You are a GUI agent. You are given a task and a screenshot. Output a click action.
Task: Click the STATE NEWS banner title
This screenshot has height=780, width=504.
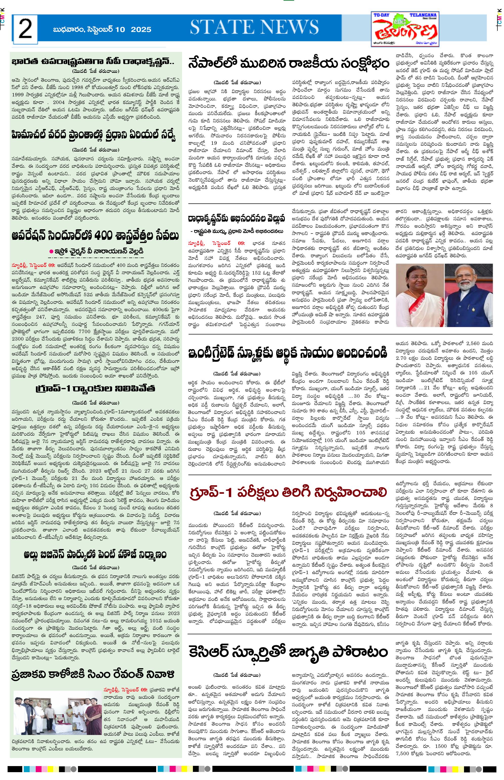coord(254,27)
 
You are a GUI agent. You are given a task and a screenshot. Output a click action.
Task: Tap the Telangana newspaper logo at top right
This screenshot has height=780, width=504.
coord(406,29)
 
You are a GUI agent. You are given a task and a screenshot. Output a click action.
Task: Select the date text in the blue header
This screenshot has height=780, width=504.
coord(102,29)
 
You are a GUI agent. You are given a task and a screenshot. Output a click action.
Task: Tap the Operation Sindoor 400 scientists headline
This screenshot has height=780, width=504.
coord(95,236)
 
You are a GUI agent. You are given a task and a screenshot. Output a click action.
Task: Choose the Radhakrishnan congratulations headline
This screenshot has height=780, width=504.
coord(236,218)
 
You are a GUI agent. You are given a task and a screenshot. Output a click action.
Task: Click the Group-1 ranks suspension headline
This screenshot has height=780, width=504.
coord(95,389)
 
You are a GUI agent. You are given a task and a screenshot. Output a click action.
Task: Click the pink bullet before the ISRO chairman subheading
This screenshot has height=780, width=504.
coord(51,251)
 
